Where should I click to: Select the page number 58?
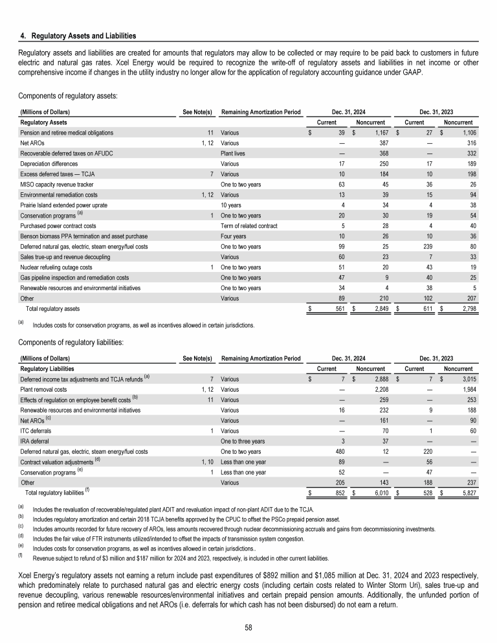[x=248, y=627]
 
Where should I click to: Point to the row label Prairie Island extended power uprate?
[x=69, y=205]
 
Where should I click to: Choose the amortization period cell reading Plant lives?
[x=236, y=153]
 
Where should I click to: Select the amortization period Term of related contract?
[x=249, y=226]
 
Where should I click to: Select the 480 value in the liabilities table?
[x=337, y=451]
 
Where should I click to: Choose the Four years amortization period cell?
[x=234, y=236]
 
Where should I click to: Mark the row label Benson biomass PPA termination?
[x=84, y=236]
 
